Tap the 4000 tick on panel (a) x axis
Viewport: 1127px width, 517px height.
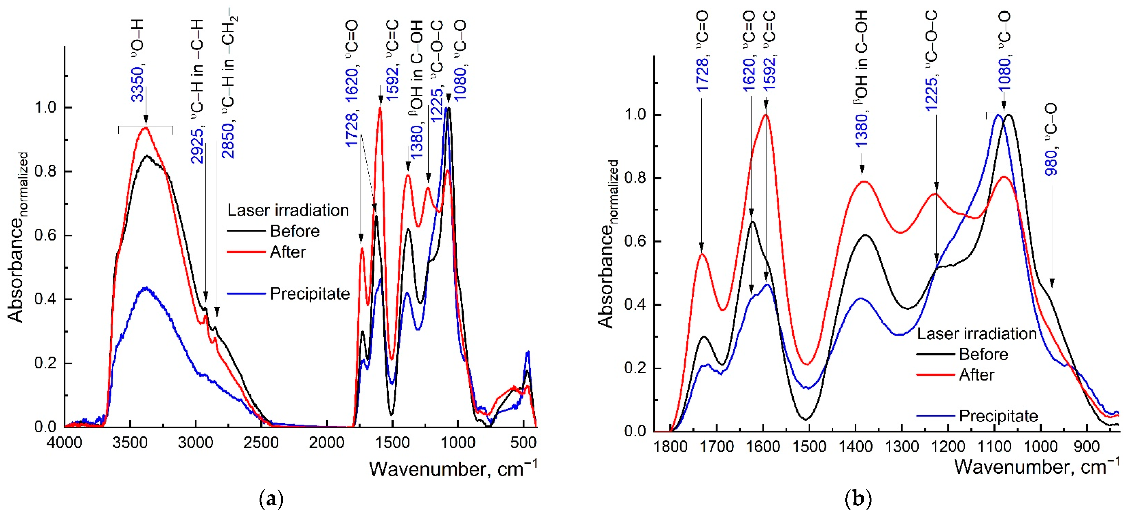point(65,443)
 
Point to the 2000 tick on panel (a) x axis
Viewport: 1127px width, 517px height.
point(327,443)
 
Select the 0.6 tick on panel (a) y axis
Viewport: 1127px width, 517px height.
point(46,235)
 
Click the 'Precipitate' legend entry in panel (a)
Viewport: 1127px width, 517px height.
point(310,294)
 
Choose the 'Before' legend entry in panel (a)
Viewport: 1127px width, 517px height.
point(295,231)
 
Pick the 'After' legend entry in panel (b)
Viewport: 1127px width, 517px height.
point(976,375)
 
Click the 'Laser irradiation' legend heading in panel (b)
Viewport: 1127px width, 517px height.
point(976,334)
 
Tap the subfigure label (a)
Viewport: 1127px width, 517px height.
point(271,499)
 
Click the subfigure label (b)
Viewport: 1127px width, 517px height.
point(858,499)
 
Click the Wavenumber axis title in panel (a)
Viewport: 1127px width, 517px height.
point(453,469)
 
